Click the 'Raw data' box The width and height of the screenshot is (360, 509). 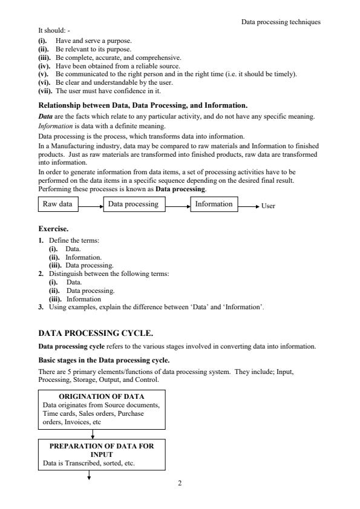[x=57, y=205]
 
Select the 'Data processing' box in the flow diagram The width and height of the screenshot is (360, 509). [x=133, y=205]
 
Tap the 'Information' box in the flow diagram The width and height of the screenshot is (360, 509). [x=214, y=205]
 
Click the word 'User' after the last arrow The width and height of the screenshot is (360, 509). [x=268, y=206]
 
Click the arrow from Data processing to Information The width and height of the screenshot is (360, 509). [x=178, y=206]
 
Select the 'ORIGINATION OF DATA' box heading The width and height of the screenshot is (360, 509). [x=101, y=396]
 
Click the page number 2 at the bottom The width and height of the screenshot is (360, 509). [x=180, y=484]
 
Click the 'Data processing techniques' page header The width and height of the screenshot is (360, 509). [x=281, y=22]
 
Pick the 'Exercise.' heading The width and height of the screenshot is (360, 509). [x=54, y=230]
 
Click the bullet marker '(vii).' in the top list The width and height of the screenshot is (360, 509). [x=45, y=90]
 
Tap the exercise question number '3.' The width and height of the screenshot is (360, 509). [x=40, y=307]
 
